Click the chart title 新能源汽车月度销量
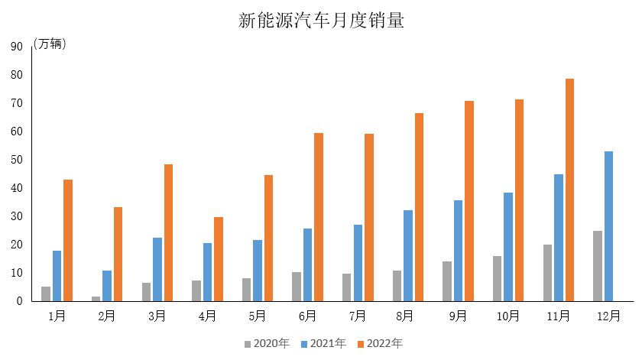[321, 21]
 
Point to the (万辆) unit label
[50, 44]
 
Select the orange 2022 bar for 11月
[569, 190]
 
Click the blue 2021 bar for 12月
[608, 226]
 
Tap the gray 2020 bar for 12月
[598, 266]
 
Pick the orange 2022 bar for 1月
[68, 240]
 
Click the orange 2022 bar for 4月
[219, 259]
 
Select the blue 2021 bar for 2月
[107, 286]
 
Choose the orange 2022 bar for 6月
[319, 217]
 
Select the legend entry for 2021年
[323, 343]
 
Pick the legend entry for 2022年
[379, 343]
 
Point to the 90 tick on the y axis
[16, 47]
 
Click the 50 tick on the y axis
[16, 160]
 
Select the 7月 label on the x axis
[358, 316]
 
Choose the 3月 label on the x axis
[157, 316]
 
